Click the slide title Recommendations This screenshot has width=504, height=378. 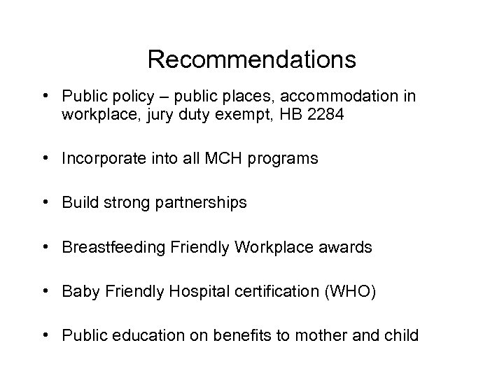(x=252, y=59)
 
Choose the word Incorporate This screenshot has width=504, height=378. (x=99, y=159)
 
